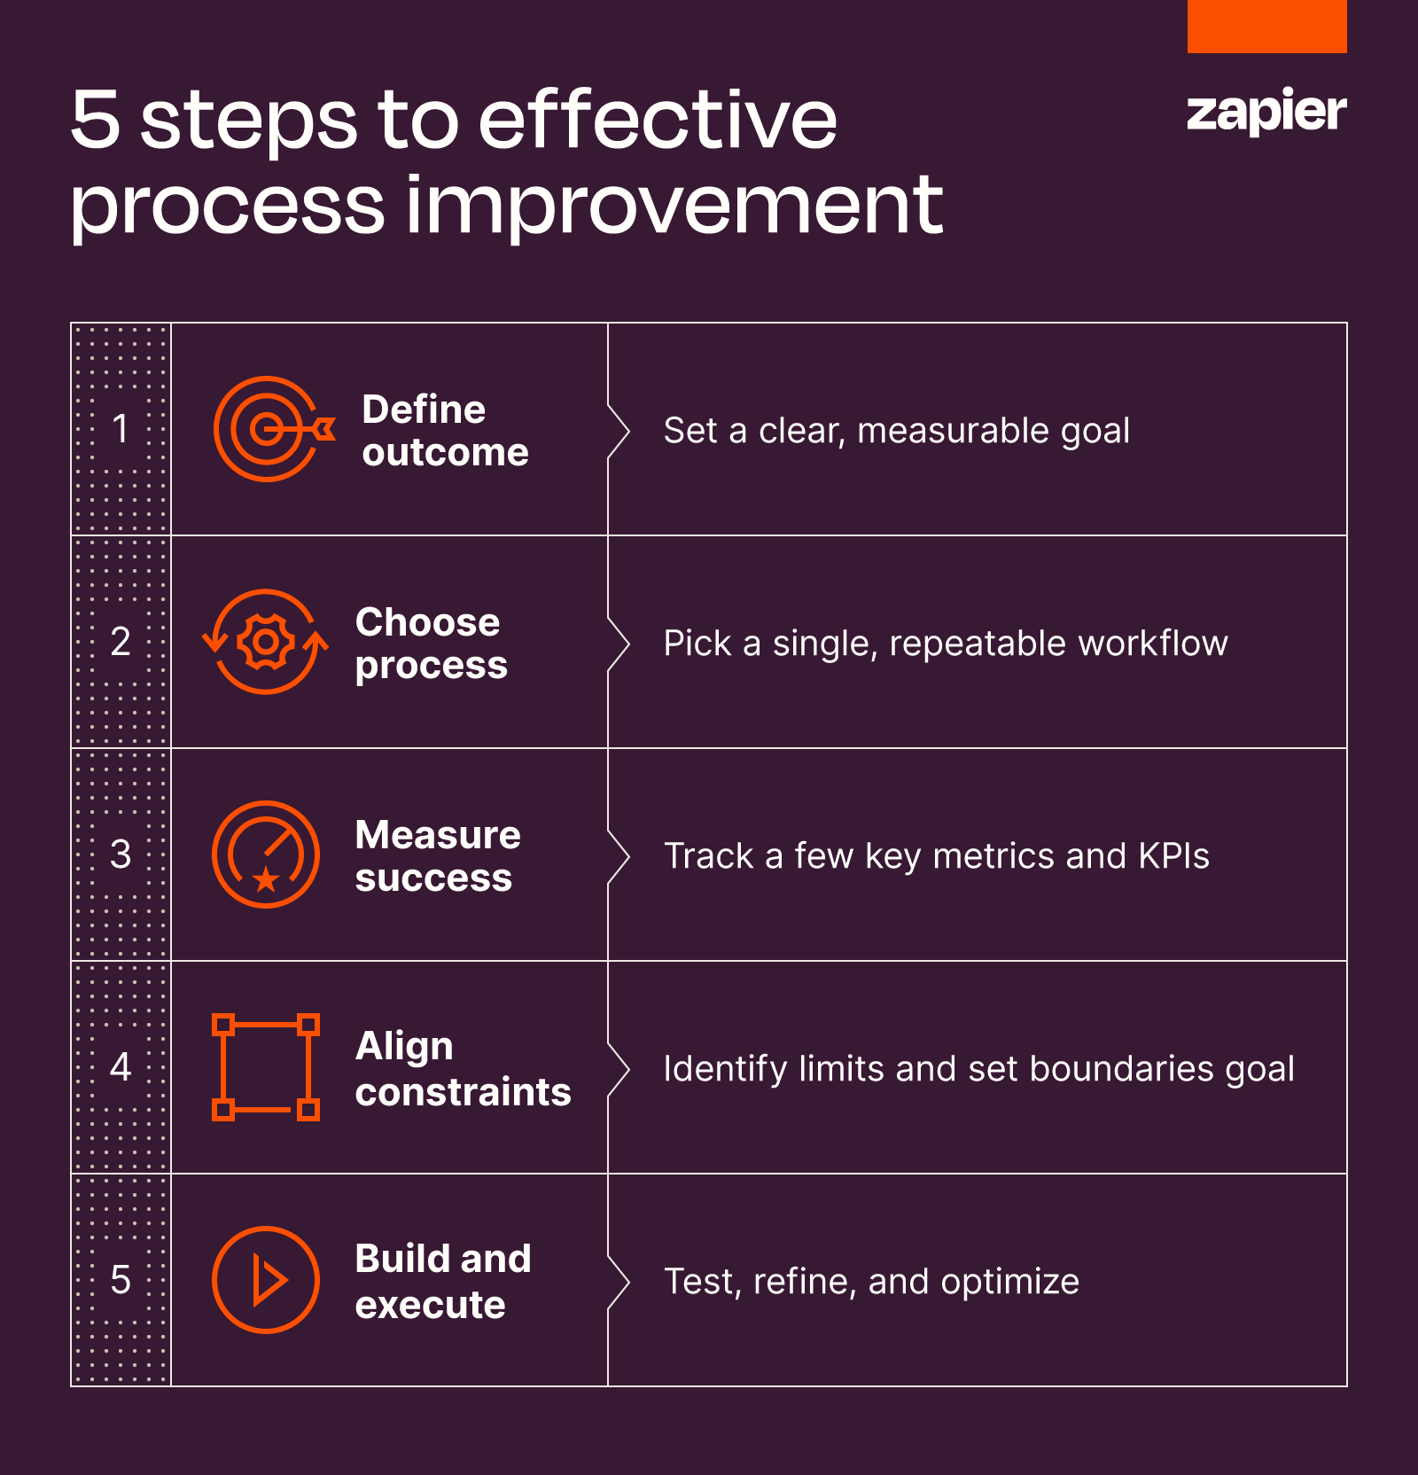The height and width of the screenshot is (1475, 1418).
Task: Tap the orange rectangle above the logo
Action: click(1266, 26)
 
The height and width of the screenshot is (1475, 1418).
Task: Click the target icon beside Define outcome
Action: click(269, 429)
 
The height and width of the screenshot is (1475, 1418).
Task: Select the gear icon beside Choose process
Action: click(266, 642)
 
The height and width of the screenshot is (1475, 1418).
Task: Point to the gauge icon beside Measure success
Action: click(266, 855)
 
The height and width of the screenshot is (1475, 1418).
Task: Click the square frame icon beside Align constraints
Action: click(266, 1067)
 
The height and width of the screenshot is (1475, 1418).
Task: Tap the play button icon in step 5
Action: click(266, 1280)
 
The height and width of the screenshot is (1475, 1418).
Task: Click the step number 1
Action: click(121, 429)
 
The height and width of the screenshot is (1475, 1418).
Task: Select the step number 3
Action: click(121, 855)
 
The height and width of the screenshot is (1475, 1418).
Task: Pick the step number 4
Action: click(121, 1067)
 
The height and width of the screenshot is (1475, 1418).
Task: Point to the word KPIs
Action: click(1173, 856)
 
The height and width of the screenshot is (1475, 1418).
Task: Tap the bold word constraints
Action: click(463, 1092)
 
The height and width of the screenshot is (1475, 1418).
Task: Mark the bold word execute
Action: click(430, 1305)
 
